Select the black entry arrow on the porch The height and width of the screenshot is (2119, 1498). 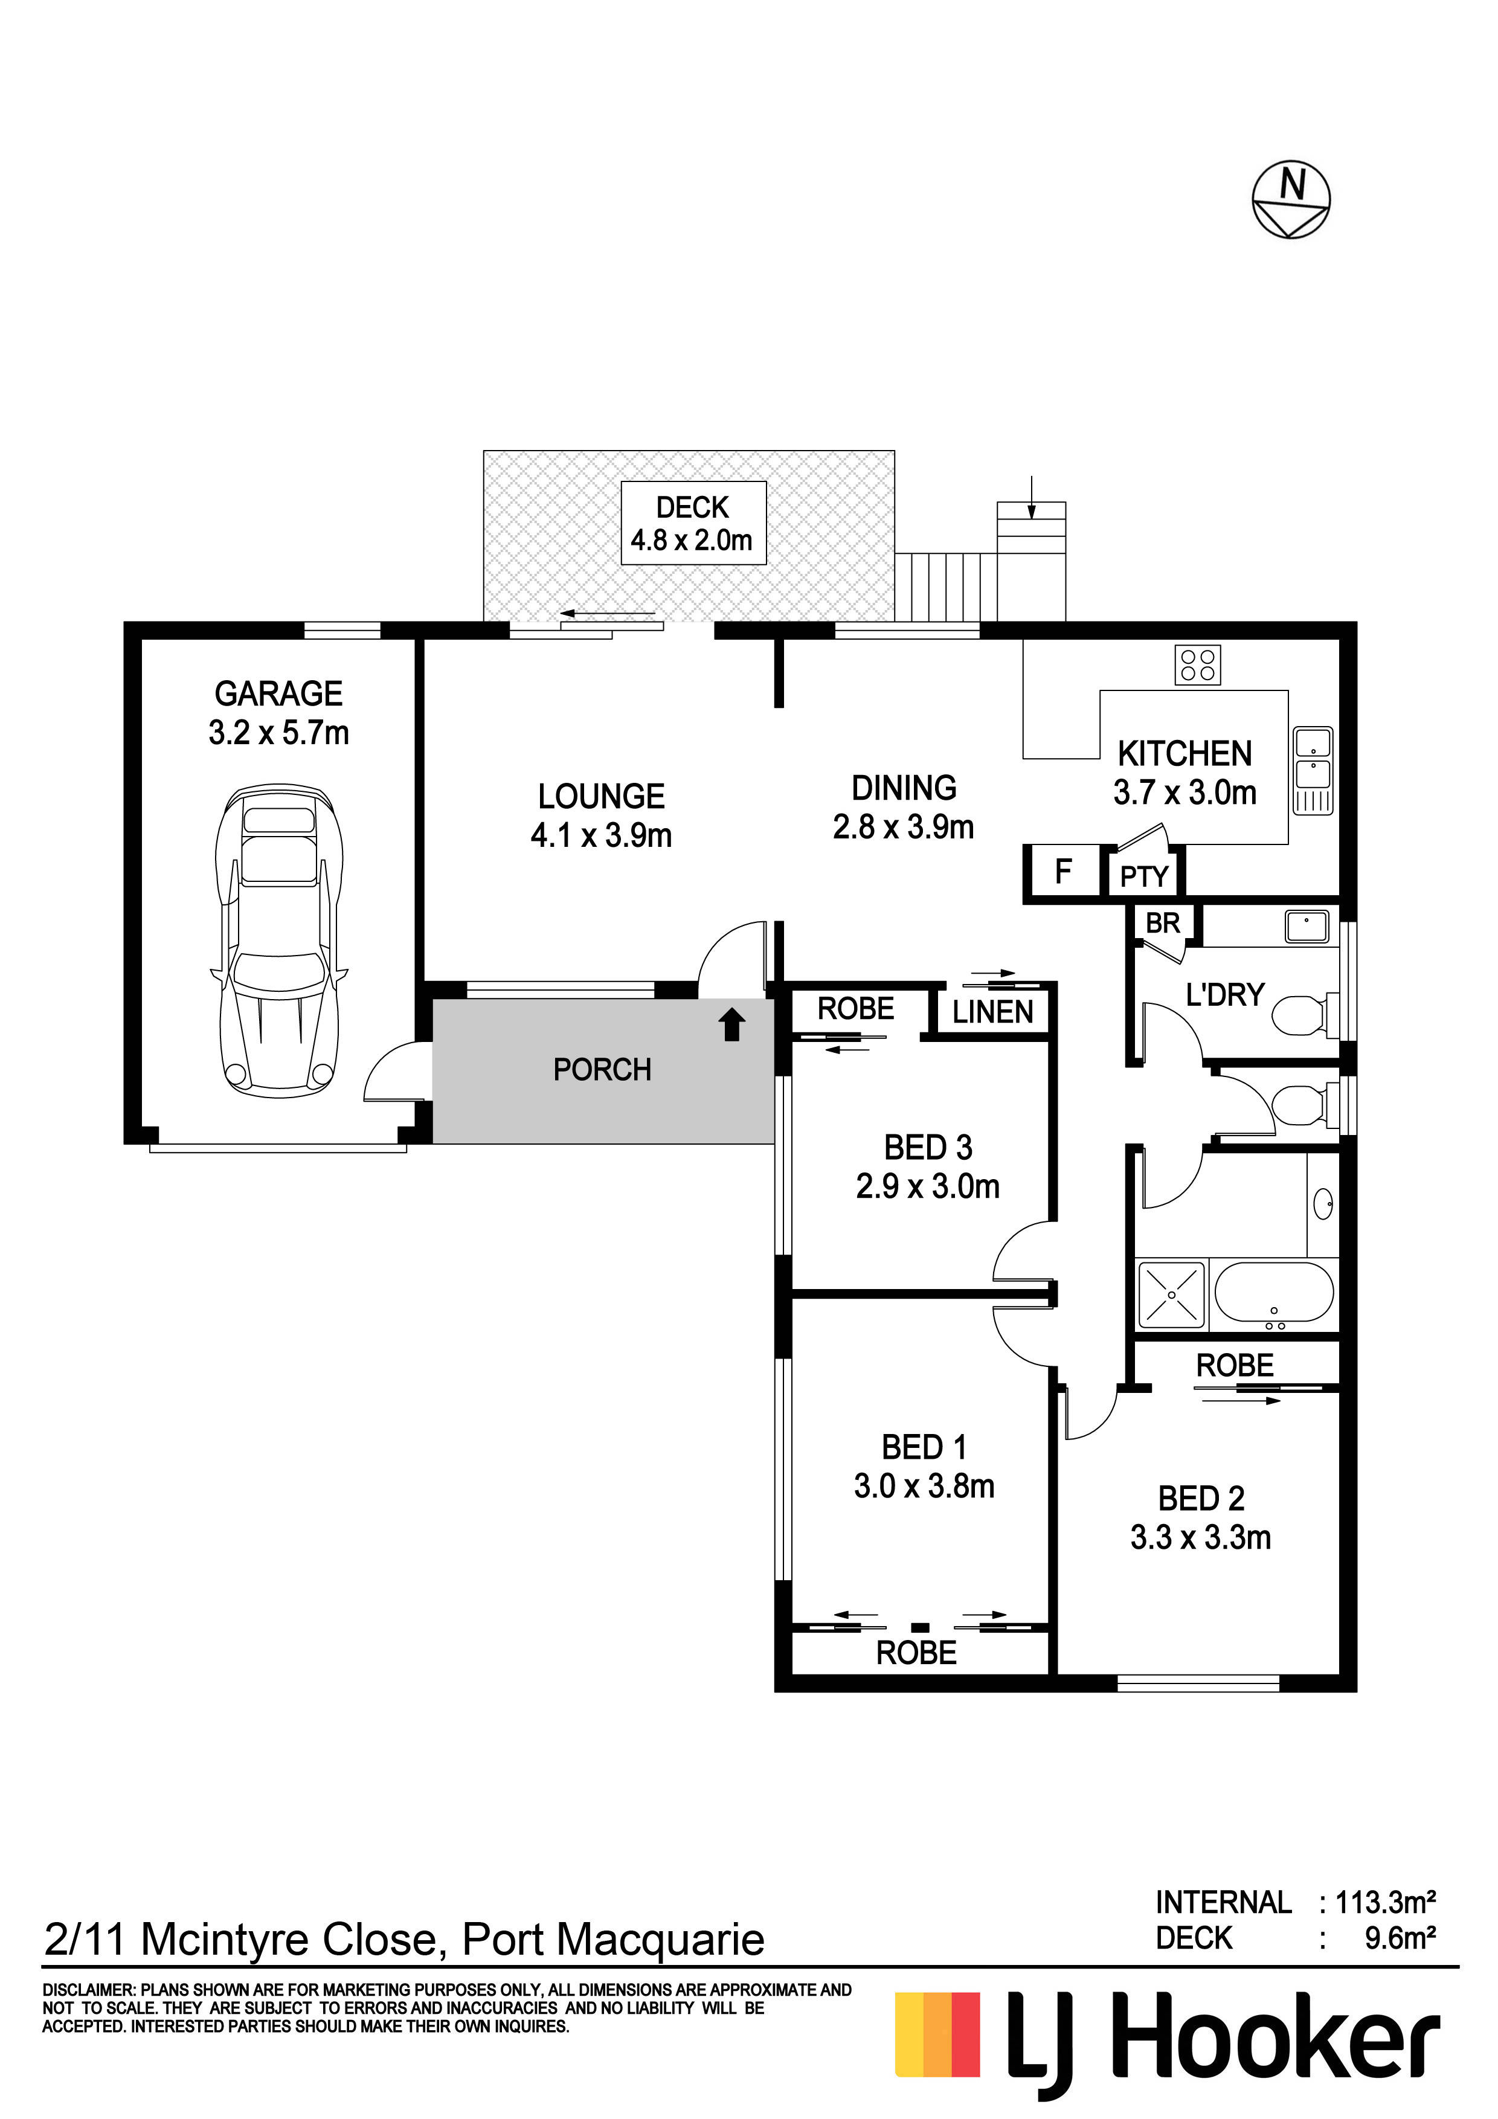coord(732,1024)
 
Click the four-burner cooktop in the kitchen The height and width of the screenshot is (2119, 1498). coord(1197,664)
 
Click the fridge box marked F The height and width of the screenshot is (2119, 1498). coord(1063,871)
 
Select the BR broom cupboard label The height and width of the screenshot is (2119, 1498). coord(1162,923)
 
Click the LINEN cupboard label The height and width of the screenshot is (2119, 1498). coord(992,1012)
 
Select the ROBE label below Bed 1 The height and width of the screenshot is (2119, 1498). coord(916,1653)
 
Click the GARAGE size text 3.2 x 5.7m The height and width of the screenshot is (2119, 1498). coord(278,733)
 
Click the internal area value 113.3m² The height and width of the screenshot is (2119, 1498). coord(1384,1902)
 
